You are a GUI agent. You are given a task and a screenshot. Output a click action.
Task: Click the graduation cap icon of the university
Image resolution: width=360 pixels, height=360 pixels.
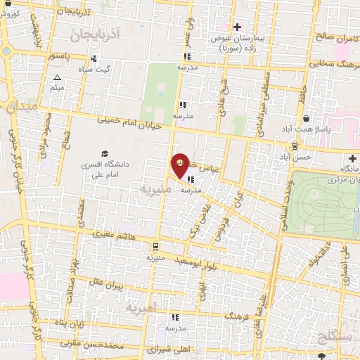pos(105,154)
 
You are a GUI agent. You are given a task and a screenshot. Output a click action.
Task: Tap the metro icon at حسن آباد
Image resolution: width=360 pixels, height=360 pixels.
pos(294,147)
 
